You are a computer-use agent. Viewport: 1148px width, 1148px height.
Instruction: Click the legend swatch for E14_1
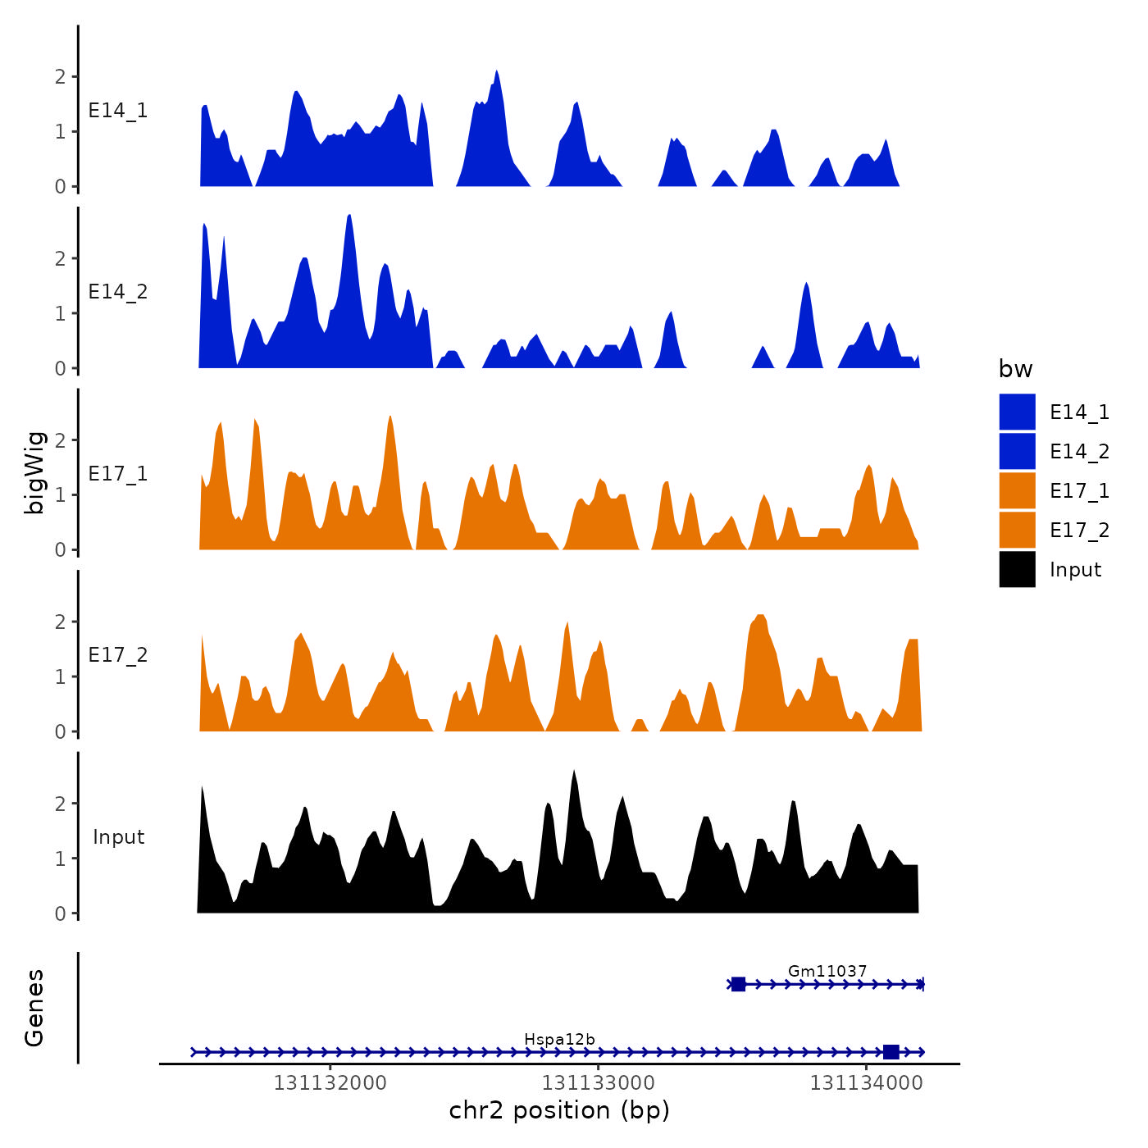pos(1017,412)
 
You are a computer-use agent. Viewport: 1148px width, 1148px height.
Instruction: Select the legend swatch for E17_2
pos(1017,530)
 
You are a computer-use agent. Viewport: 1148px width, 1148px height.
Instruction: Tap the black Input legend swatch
pos(1017,569)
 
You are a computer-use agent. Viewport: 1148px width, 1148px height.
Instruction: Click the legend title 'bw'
pos(1015,369)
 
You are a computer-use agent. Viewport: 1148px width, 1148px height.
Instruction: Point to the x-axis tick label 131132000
pos(330,1083)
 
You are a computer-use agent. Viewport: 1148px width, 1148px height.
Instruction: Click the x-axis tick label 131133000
pos(598,1083)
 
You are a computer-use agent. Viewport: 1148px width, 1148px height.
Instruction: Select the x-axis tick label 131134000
pos(866,1083)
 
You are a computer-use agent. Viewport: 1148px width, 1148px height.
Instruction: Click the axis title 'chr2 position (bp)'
pos(559,1110)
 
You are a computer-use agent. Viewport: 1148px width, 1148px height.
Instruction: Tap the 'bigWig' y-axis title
pos(34,472)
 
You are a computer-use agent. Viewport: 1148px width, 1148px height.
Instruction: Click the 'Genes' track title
pos(34,1008)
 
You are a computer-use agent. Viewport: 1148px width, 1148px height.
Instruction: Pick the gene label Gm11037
pos(827,972)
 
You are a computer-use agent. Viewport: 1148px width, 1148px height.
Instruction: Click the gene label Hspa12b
pos(559,1040)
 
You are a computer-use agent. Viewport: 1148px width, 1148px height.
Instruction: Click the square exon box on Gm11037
pos(738,984)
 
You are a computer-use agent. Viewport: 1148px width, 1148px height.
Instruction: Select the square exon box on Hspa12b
pos(891,1052)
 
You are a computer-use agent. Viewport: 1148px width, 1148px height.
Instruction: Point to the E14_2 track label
pos(118,292)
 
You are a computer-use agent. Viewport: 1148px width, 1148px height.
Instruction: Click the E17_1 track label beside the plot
pos(118,474)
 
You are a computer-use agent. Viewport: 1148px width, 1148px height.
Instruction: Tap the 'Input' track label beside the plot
pos(118,837)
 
